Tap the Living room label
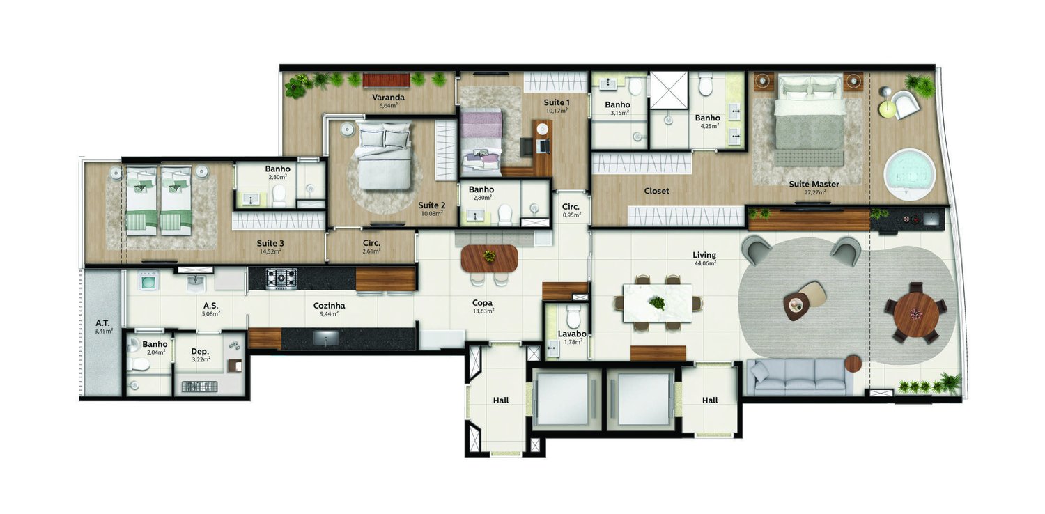pos(704,255)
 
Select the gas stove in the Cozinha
pos(281,279)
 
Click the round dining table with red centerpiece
pos(916,313)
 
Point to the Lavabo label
pos(572,334)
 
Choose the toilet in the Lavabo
pos(573,316)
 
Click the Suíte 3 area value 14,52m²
pos(270,251)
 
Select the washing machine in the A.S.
pos(149,281)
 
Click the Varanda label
pos(388,98)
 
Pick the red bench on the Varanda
pos(386,80)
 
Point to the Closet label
pos(656,191)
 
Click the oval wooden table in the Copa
pos(489,258)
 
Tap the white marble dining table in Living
pos(658,303)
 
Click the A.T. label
pos(102,322)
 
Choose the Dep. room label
pos(200,352)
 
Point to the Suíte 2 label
pos(431,205)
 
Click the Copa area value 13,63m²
pos(483,311)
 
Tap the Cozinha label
pos(329,306)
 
